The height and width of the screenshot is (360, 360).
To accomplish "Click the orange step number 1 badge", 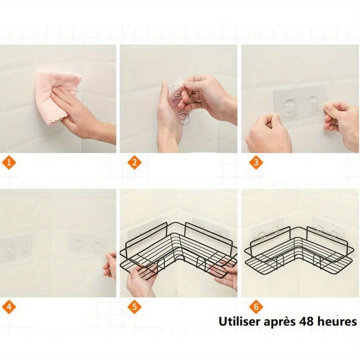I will point(11,163).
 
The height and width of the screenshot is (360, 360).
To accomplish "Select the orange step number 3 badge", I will point(256,163).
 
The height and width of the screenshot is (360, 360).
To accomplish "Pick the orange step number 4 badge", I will point(11,308).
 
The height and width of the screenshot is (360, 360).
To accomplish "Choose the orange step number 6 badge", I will point(256,308).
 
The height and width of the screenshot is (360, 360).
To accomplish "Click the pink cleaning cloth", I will point(56,92).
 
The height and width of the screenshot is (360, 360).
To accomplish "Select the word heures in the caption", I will point(335,322).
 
